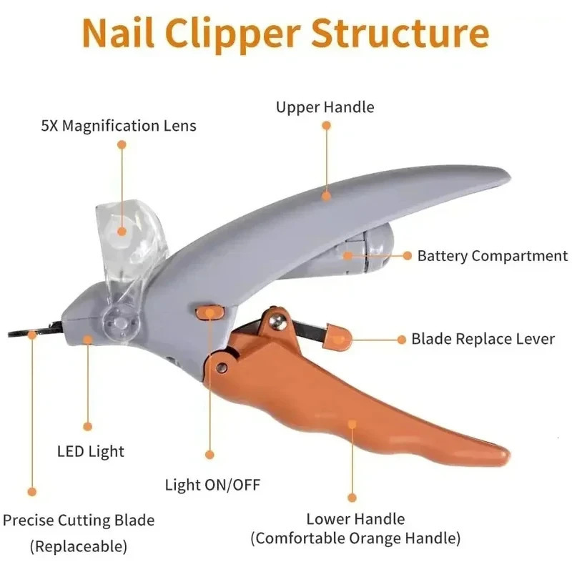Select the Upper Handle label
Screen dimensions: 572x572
[x=325, y=107]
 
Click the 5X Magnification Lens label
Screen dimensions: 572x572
[x=118, y=126]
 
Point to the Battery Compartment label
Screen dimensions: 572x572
[x=493, y=255]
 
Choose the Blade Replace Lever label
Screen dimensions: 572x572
[x=483, y=338]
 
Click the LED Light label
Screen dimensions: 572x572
[x=90, y=451]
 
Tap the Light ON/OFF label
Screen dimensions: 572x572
[x=213, y=485]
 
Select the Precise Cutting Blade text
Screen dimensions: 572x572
[x=79, y=520]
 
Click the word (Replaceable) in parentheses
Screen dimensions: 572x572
[x=79, y=547]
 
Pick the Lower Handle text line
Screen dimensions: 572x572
[x=355, y=519]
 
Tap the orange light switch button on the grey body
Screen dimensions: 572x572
[x=208, y=312]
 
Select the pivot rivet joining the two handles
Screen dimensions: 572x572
[x=222, y=367]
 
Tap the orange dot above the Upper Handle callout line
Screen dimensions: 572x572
[x=326, y=125]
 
